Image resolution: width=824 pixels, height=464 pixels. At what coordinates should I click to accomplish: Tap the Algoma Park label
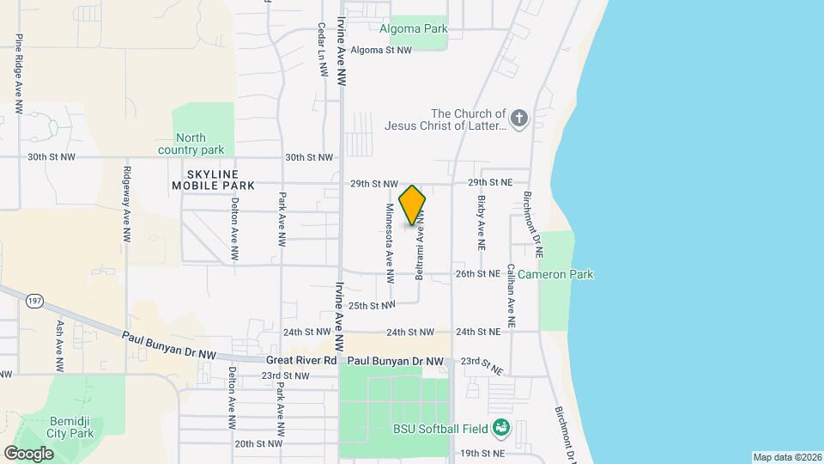pos(414,27)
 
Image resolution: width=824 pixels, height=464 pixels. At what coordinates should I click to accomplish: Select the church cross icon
pos(518,119)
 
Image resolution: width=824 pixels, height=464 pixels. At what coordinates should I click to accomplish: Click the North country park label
pos(191,143)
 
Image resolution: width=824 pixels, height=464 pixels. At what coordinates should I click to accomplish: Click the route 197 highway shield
pos(34,301)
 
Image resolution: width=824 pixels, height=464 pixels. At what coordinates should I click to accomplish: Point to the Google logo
pos(28,453)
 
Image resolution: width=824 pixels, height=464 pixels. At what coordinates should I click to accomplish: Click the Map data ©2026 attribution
pos(786,457)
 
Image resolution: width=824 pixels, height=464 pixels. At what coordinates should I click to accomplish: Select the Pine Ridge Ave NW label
pos(18,74)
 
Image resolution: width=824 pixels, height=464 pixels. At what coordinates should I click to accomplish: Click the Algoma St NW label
pos(381,50)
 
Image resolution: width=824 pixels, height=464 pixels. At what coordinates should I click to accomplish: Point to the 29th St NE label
pos(489,183)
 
